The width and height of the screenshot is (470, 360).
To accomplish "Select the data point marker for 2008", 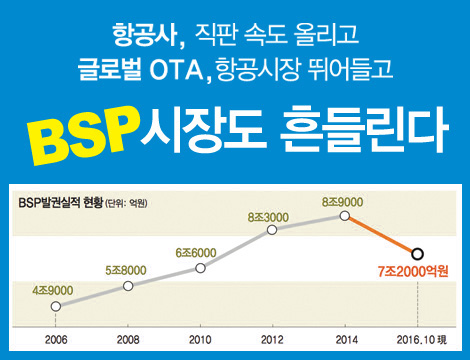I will tap(128, 286).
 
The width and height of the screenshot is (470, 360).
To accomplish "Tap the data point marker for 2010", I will tap(200, 267).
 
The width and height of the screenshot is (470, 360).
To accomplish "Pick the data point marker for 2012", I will tap(272, 230).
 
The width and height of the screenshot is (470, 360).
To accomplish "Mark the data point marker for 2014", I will tap(345, 215).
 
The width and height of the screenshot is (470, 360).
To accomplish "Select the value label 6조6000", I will tap(197, 251).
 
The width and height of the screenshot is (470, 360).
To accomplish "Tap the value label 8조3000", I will tap(268, 215).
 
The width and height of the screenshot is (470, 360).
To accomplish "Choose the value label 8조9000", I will tap(343, 200).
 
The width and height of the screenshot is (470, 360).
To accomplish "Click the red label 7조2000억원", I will tap(413, 272).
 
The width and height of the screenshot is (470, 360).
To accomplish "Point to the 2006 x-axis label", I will tap(55, 340).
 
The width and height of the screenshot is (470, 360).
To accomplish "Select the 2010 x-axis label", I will tap(200, 340).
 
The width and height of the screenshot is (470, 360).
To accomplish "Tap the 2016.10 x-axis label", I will tap(413, 340).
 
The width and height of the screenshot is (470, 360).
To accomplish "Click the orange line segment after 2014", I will tap(381, 234).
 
